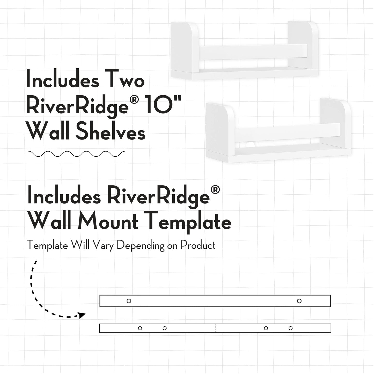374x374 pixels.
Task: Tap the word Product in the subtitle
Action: tap(198, 245)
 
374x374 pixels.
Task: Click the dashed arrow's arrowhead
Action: tap(82, 316)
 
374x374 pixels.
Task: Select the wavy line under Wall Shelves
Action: tap(77, 154)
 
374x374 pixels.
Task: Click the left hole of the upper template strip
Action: tap(129, 301)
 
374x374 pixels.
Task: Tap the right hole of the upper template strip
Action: tap(299, 301)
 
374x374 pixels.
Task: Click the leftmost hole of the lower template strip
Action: tap(140, 328)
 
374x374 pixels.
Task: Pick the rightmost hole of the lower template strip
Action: tap(291, 328)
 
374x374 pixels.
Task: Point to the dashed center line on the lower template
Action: tap(215, 328)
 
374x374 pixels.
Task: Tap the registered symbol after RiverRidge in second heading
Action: tap(215, 189)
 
